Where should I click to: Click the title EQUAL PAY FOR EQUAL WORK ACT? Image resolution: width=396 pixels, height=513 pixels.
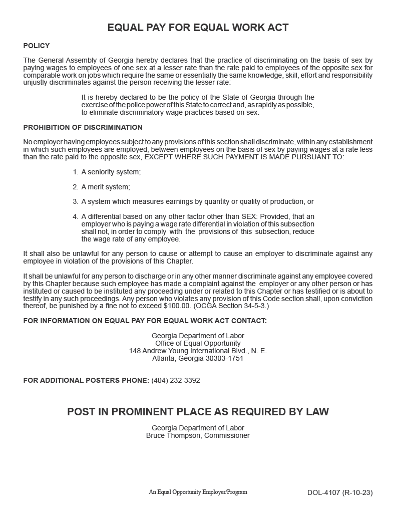click(198, 28)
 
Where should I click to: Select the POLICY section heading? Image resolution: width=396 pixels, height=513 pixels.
click(37, 46)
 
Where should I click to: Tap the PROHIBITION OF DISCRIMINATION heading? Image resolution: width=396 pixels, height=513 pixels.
click(83, 127)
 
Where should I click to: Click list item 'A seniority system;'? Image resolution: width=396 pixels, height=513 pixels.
click(111, 172)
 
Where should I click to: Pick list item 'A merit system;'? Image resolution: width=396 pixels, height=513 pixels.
click(106, 187)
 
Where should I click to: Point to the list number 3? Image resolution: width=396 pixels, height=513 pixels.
click(75, 202)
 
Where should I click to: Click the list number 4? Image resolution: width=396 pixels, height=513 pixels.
click(75, 217)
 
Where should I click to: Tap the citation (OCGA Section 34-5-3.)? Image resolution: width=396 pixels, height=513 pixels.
click(231, 306)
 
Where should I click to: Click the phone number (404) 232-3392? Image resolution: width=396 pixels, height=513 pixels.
click(176, 380)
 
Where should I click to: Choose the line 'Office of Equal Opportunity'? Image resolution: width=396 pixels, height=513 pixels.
click(198, 343)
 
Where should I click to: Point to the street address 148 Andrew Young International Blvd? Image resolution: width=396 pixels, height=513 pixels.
click(198, 351)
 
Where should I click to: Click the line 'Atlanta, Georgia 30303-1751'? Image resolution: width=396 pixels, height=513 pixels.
click(198, 358)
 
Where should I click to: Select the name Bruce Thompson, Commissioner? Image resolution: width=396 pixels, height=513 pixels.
click(198, 435)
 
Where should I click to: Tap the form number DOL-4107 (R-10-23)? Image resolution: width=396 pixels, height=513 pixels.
click(340, 492)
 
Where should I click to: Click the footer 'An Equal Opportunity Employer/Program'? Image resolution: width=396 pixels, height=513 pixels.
click(198, 492)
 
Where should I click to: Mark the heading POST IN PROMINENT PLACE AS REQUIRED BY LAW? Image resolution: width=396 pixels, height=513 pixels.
click(198, 412)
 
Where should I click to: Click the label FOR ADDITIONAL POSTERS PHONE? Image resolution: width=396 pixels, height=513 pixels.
click(86, 380)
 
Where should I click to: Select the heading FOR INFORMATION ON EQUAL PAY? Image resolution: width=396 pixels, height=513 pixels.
click(145, 321)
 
